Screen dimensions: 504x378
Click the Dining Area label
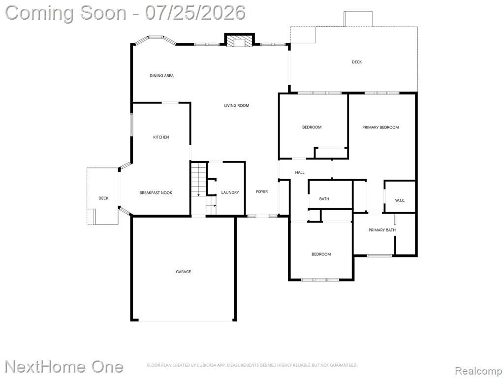tap(161, 76)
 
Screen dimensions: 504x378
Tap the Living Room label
tap(237, 105)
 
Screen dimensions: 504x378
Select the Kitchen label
tap(161, 137)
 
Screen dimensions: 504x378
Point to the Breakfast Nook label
tap(156, 193)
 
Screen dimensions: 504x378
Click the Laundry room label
tap(230, 192)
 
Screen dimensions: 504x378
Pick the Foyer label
tap(262, 191)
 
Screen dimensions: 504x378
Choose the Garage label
tap(183, 272)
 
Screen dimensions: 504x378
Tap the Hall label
tap(300, 173)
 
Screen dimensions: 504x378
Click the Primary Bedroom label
tap(380, 127)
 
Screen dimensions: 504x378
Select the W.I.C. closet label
tap(400, 201)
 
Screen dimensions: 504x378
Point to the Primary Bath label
tap(382, 230)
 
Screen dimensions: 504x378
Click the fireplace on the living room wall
tap(239, 40)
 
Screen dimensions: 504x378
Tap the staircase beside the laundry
tap(203, 189)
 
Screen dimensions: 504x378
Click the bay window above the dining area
tap(156, 40)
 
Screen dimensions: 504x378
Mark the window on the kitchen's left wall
tap(131, 124)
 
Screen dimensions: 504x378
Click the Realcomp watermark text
tap(478, 371)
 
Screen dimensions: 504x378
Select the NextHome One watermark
tap(64, 367)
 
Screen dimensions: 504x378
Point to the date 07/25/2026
tap(195, 13)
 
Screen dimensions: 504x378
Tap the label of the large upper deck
tap(357, 62)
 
